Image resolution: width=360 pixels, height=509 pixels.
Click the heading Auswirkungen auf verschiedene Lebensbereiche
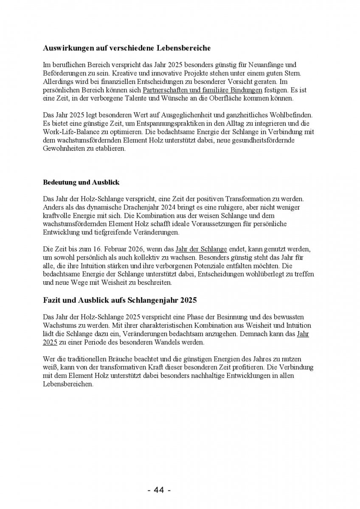(127, 48)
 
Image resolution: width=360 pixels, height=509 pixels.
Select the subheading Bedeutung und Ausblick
(81, 182)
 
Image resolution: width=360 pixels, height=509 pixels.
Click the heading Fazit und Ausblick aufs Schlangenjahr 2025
(120, 300)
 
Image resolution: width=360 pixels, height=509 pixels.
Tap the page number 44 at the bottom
(159, 490)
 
